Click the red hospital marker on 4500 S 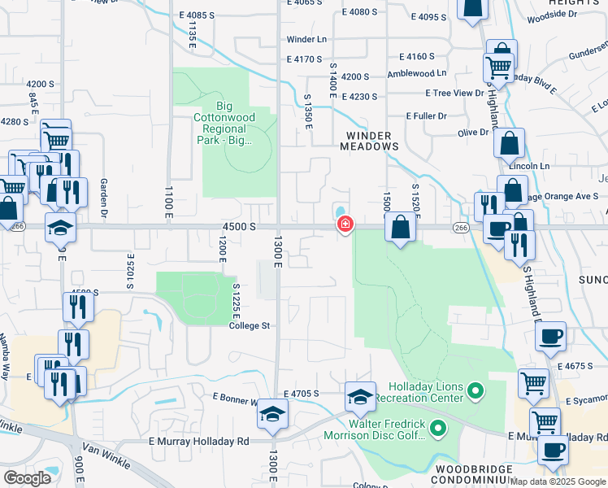[x=345, y=224]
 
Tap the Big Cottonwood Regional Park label [x=235, y=123]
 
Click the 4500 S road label [x=241, y=226]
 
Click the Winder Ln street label [x=306, y=39]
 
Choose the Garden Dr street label [x=104, y=199]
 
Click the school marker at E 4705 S [x=360, y=397]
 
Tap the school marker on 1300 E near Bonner [x=273, y=414]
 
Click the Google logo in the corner [x=27, y=478]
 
